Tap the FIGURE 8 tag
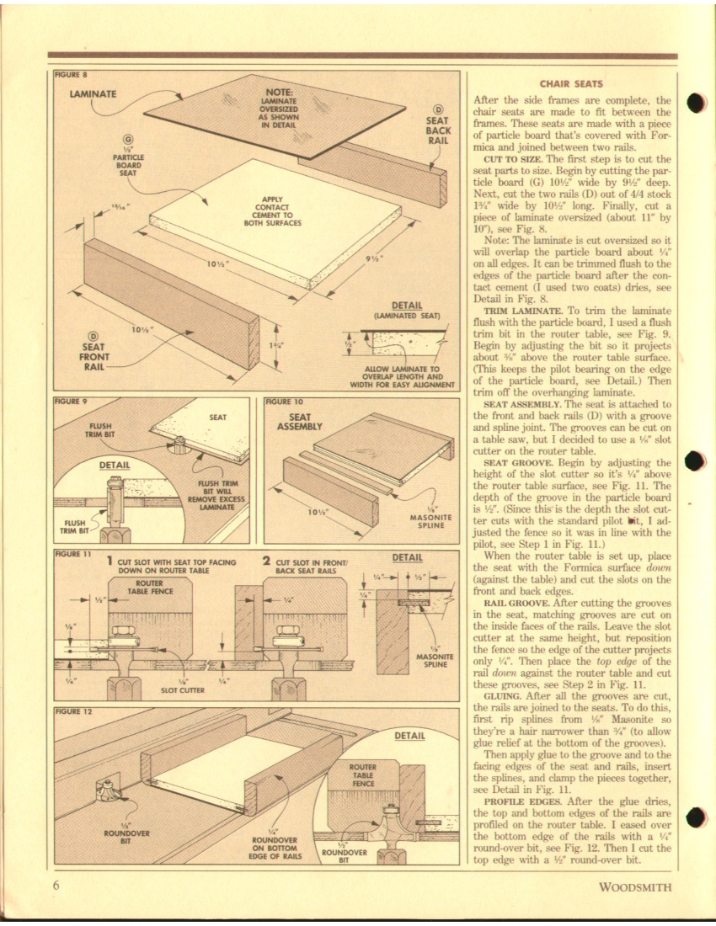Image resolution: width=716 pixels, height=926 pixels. click(x=72, y=74)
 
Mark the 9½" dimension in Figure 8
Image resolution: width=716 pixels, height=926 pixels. click(x=377, y=258)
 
